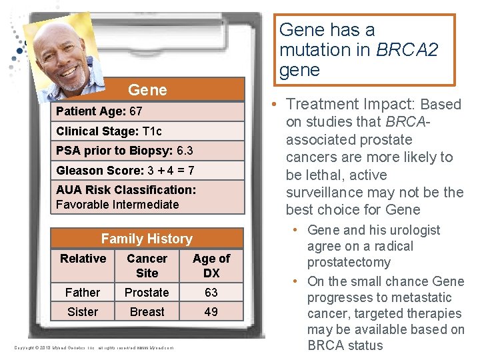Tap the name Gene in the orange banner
click(147, 90)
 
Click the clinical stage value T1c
click(152, 131)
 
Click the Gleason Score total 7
click(190, 171)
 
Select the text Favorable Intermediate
click(117, 205)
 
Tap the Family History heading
click(147, 239)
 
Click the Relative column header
click(83, 259)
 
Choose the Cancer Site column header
click(147, 265)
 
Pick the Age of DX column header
click(211, 265)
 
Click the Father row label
click(83, 293)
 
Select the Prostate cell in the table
click(147, 293)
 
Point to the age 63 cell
click(211, 293)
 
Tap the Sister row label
click(83, 312)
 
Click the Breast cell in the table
click(147, 312)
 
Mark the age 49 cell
click(211, 312)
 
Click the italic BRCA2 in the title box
click(406, 50)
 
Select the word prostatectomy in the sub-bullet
click(349, 263)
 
